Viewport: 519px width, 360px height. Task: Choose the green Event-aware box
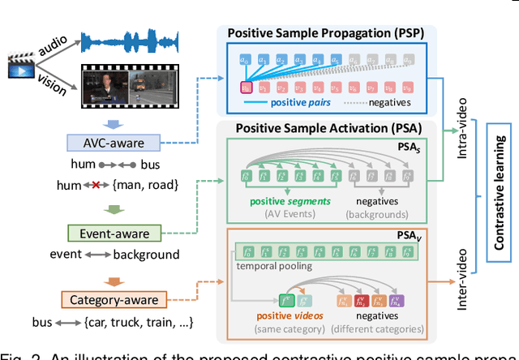coord(114,234)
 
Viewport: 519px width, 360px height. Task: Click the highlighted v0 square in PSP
coord(245,87)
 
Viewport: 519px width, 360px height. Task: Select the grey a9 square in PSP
coord(410,59)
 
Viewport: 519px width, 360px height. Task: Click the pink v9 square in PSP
coord(410,87)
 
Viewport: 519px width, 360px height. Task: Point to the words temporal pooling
coord(272,264)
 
